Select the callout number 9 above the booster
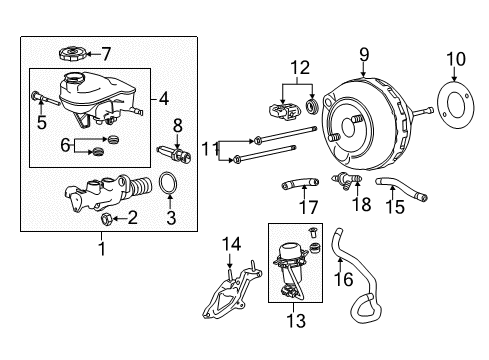(x=364, y=55)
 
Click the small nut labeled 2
(x=106, y=218)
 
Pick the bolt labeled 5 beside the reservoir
(x=45, y=99)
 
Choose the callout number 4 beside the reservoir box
(x=164, y=99)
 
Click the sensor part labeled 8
(x=174, y=154)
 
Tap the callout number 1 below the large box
(x=102, y=248)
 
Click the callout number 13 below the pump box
(x=296, y=321)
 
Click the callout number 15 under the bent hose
(x=395, y=207)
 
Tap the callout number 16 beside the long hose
(x=344, y=279)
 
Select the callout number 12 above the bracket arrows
(x=300, y=68)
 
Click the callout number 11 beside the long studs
(x=210, y=149)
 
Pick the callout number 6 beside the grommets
(x=65, y=145)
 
